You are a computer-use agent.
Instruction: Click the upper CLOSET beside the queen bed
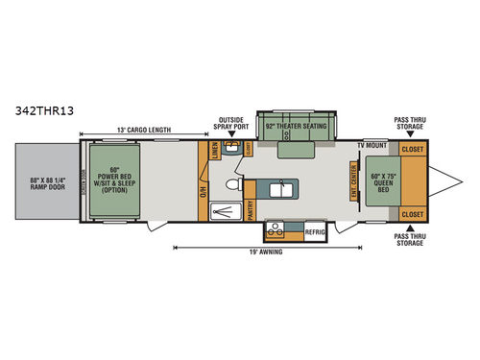(x=413, y=150)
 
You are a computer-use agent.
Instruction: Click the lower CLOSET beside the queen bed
(x=413, y=213)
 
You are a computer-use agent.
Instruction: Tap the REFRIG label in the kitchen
(x=316, y=230)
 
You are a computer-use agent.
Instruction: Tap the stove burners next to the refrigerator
(x=279, y=230)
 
